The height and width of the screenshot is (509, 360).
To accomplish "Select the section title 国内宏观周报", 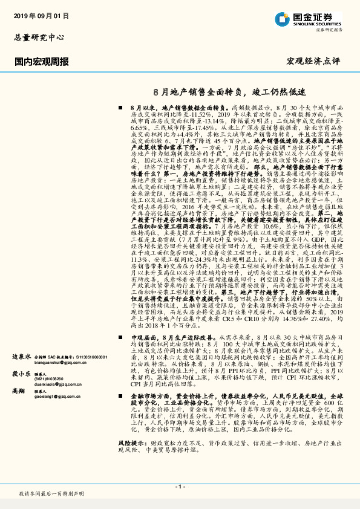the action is tap(41, 61).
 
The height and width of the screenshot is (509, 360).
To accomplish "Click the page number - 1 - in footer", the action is tap(180, 486).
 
